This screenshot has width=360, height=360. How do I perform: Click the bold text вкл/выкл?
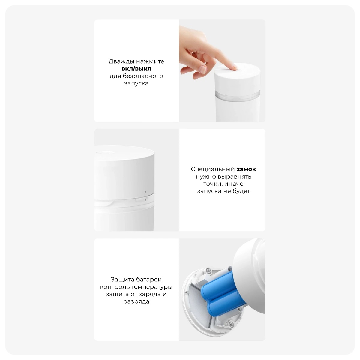(136, 69)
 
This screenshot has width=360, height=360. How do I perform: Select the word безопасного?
(143, 76)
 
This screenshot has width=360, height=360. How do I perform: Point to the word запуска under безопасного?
(136, 83)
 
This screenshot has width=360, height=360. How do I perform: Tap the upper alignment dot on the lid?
(145, 192)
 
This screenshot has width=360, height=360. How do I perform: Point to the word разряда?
(136, 301)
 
